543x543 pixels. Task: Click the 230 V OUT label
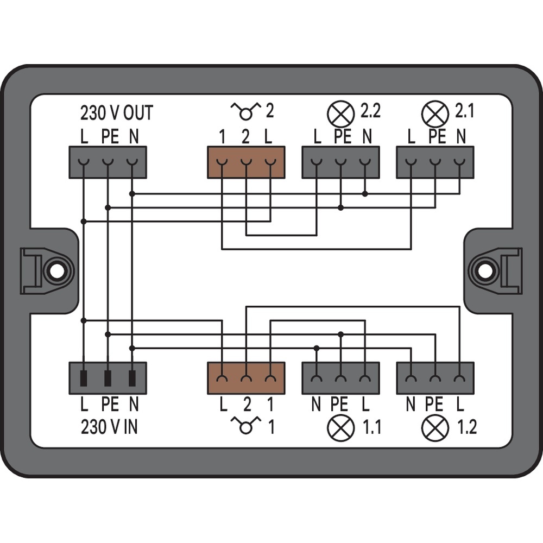pyautogui.click(x=116, y=112)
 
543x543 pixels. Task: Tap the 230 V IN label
pyautogui.click(x=109, y=427)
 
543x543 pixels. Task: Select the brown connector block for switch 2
pyautogui.click(x=246, y=162)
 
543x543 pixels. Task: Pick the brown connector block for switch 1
pyautogui.click(x=246, y=378)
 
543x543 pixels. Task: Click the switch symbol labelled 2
pyautogui.click(x=245, y=112)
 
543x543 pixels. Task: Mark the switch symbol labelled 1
pyautogui.click(x=245, y=427)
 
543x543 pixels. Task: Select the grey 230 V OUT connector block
pyautogui.click(x=108, y=162)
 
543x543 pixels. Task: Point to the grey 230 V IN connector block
pyautogui.click(x=108, y=378)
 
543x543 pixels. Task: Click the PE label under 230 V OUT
pyautogui.click(x=109, y=136)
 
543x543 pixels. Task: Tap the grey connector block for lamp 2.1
pyautogui.click(x=435, y=162)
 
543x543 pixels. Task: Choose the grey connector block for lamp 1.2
pyautogui.click(x=435, y=378)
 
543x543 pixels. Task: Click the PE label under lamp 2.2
pyautogui.click(x=342, y=136)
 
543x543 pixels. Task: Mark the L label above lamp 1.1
pyautogui.click(x=365, y=404)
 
